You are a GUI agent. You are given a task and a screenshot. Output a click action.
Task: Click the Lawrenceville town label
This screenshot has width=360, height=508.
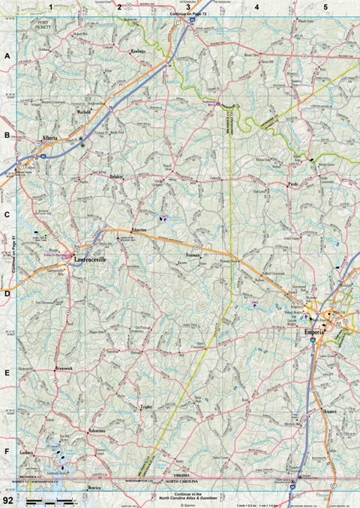point(91,261)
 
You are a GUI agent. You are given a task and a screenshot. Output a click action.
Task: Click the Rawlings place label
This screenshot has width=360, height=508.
point(139,51)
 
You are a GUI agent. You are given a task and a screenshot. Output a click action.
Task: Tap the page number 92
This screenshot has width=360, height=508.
point(7,500)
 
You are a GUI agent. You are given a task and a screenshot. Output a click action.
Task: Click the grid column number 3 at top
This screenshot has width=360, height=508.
point(188,7)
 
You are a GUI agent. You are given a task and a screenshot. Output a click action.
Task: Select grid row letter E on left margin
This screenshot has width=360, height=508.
point(7,372)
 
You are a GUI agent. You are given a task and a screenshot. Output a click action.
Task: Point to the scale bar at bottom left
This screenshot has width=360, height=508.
point(48,500)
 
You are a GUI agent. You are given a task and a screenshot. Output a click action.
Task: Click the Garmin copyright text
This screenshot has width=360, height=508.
point(187,505)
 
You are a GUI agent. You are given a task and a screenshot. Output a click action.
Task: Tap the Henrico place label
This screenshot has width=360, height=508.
point(94,487)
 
